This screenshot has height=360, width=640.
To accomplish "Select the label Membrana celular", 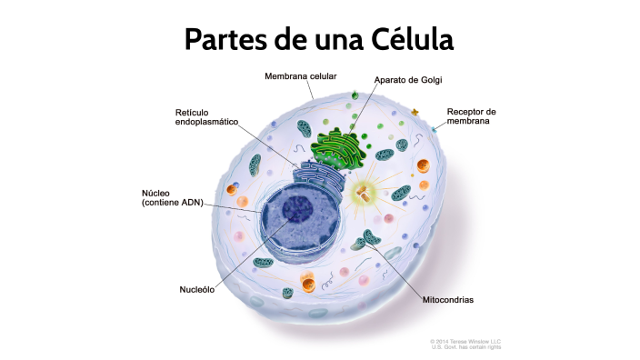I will tap(301, 76).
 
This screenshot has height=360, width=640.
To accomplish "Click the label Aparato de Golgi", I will tap(407, 80).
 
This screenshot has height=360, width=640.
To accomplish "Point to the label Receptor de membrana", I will tap(471, 116).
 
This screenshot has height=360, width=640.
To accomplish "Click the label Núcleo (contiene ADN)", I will tap(172, 197).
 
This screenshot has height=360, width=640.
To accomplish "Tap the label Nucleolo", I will tap(197, 290).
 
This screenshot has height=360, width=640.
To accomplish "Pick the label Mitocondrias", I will tap(448, 299).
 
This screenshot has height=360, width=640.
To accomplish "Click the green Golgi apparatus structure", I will tap(342, 146).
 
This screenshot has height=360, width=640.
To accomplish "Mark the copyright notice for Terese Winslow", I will tap(465, 344).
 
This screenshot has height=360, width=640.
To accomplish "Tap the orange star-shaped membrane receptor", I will tap(415, 113).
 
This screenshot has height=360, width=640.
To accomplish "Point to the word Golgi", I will tap(428, 80).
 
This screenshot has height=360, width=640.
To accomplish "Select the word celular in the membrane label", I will tap(322, 76).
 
